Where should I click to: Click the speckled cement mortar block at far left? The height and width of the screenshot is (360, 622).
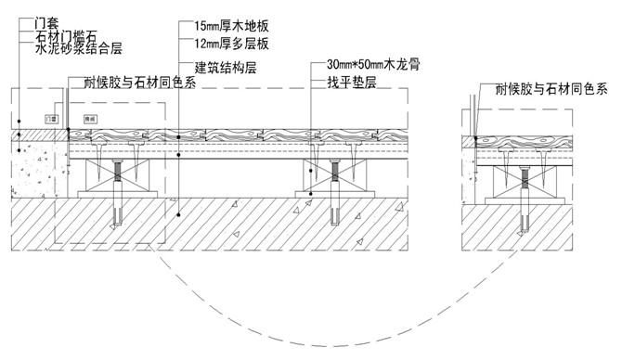[x=37, y=173]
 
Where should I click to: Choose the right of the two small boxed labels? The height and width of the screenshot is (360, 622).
[x=91, y=119]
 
